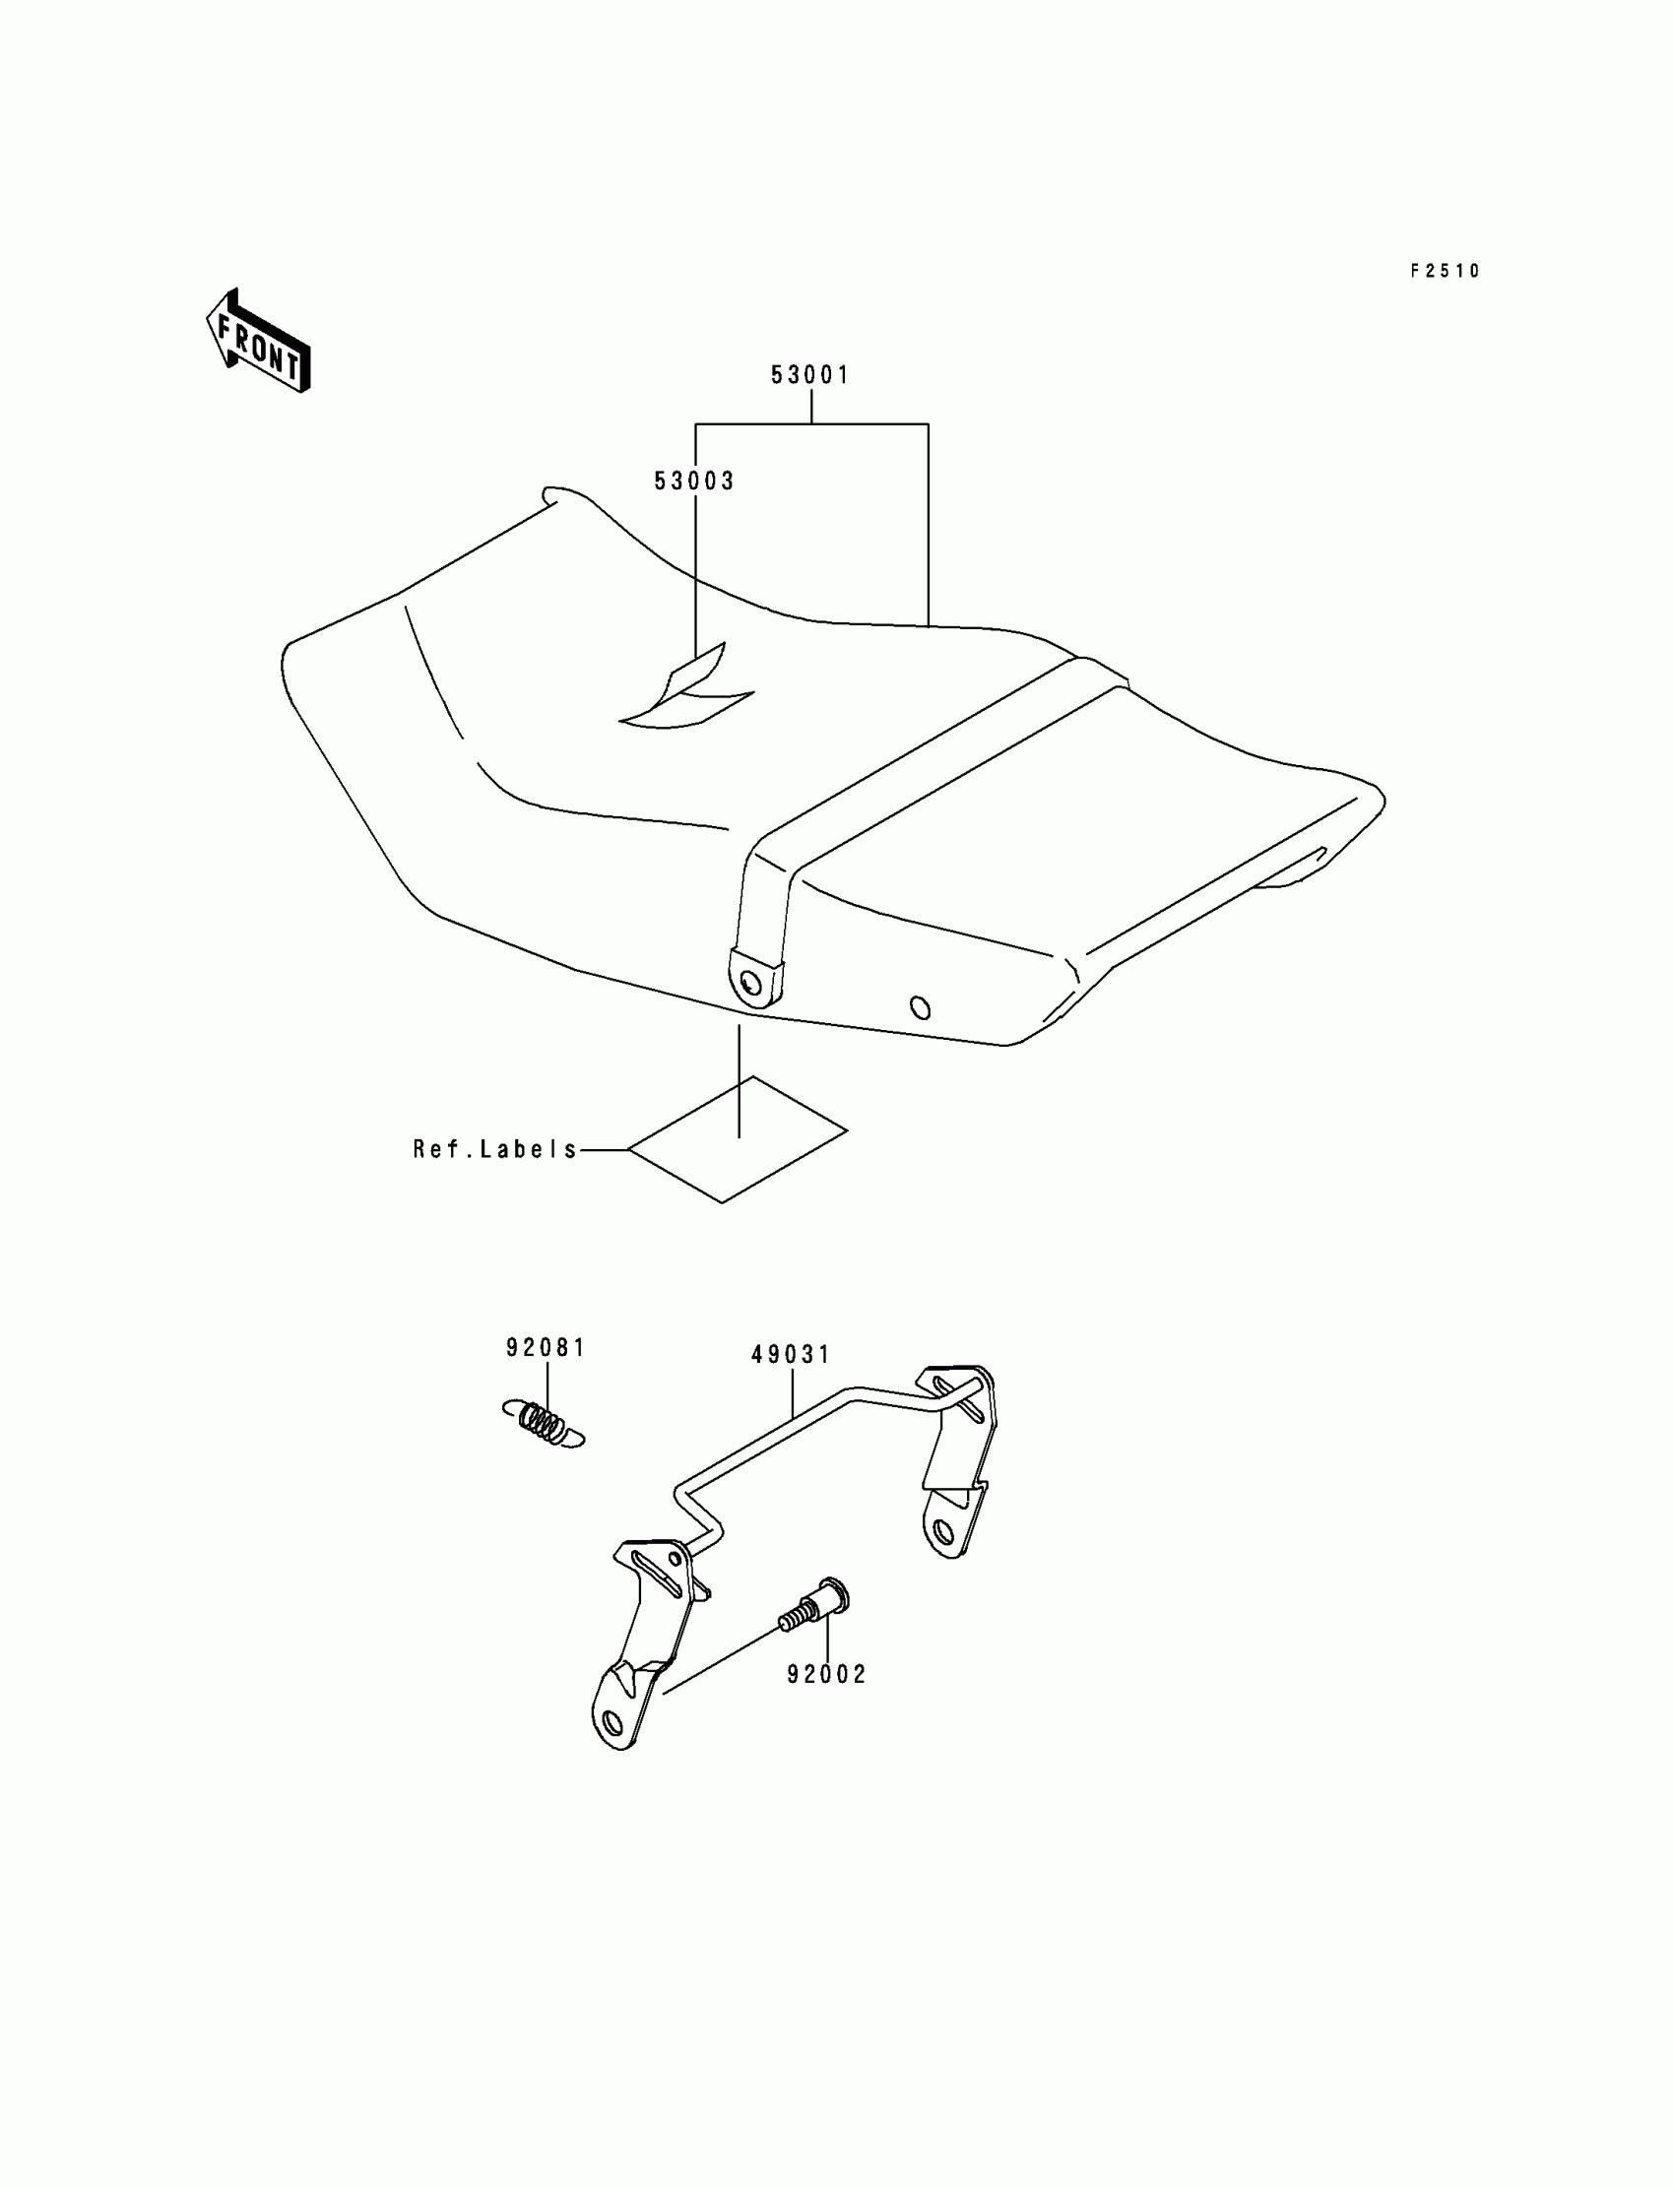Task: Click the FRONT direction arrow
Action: (x=258, y=341)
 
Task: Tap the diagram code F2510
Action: (x=1445, y=271)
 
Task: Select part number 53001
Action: (x=810, y=375)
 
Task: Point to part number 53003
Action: (x=693, y=482)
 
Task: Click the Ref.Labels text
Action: (x=495, y=1150)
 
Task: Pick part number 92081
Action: (x=547, y=1348)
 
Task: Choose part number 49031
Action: (x=791, y=1355)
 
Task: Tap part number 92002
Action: (x=827, y=1675)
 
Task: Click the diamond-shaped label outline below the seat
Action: (x=739, y=1140)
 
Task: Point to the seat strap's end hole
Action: (x=750, y=984)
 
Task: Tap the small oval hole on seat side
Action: (x=921, y=1008)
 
